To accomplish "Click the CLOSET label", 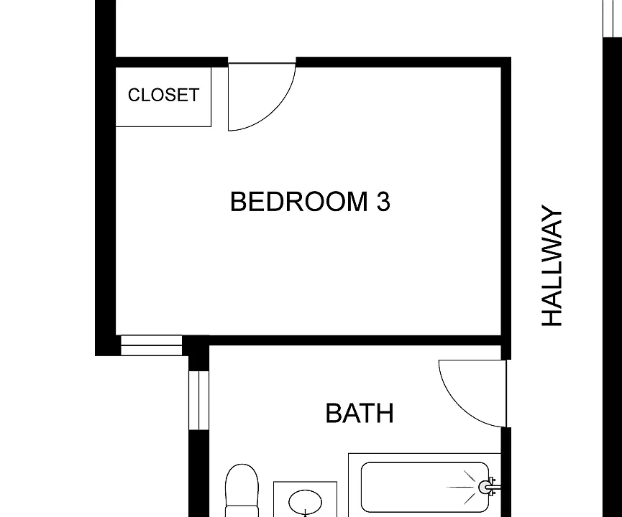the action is [163, 95].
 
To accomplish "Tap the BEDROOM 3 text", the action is [310, 202].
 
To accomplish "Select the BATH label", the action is [360, 413].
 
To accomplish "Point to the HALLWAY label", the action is [552, 266].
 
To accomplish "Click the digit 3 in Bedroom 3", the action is [383, 202].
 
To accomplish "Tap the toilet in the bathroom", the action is [242, 490].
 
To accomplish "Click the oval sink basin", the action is [305, 502].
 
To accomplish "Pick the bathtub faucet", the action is [489, 487].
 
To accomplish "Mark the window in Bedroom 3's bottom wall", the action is [151, 345].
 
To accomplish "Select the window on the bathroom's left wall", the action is [198, 400].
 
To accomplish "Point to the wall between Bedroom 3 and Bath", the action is [355, 340].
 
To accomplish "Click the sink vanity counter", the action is [305, 499].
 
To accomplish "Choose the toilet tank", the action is [242, 511].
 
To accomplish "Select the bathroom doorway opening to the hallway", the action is [506, 393].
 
